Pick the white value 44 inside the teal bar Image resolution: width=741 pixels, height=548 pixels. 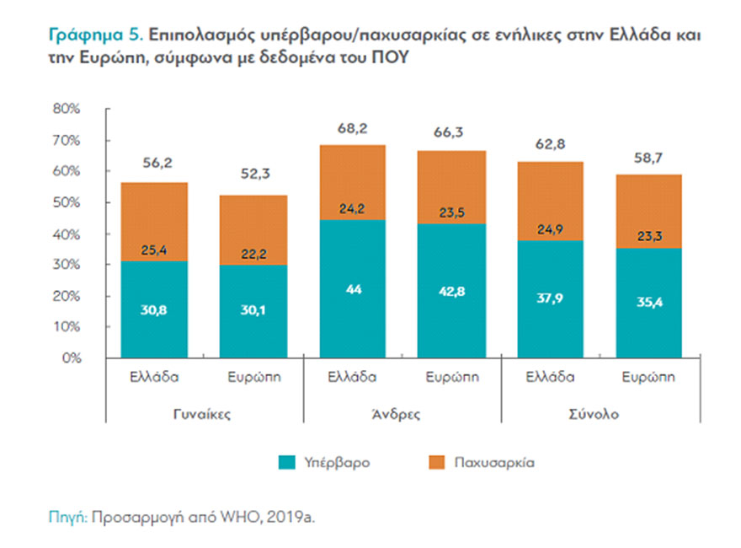coord(353,288)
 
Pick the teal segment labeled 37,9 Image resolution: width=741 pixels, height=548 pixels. coord(550,299)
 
